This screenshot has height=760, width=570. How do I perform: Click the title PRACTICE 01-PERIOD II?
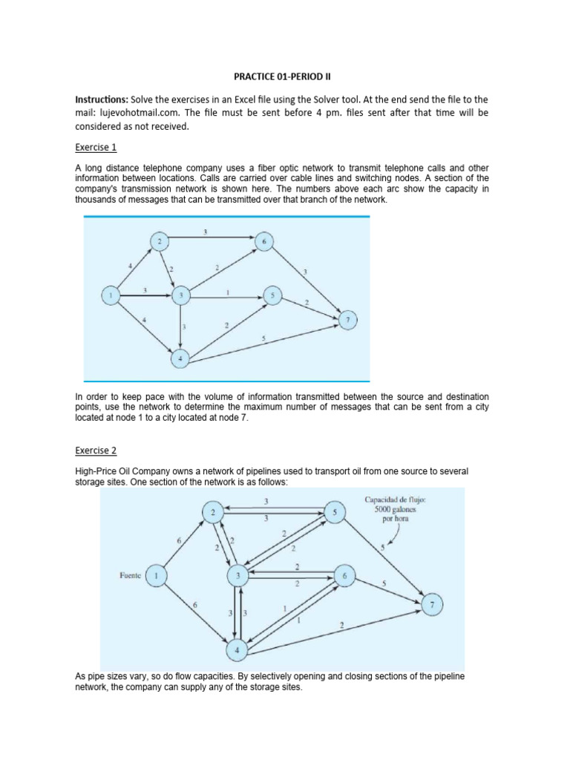(x=284, y=75)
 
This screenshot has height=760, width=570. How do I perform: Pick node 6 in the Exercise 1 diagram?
(x=263, y=242)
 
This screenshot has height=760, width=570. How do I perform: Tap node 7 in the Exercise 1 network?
(x=347, y=320)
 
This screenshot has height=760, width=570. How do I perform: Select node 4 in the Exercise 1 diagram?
(x=180, y=359)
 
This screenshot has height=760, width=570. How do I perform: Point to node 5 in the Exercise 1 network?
(x=273, y=296)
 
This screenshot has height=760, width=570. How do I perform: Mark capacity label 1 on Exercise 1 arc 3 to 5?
(x=227, y=291)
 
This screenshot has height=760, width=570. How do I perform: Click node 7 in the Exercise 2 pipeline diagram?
(x=433, y=605)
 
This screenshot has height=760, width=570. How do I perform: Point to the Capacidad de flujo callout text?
(x=396, y=508)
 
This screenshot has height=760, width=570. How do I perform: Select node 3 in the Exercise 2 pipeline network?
(x=238, y=575)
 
